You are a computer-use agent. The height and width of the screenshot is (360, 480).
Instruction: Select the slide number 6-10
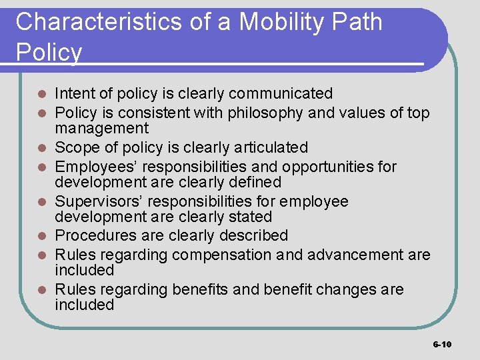442,344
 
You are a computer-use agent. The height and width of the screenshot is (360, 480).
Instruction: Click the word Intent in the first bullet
74,93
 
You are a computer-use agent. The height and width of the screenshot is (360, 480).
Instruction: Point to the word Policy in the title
49,52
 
